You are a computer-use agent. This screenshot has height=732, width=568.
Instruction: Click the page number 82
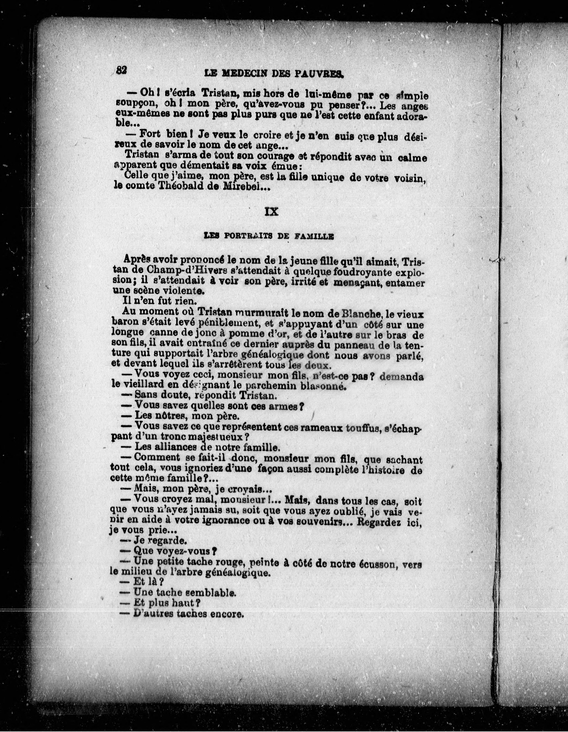121,70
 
